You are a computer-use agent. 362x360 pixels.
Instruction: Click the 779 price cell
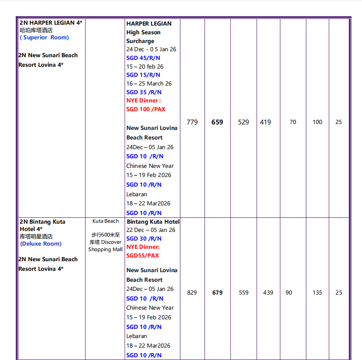tap(192, 122)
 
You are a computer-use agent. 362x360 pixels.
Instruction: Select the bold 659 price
tap(217, 122)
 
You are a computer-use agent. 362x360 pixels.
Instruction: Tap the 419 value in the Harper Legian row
tap(265, 122)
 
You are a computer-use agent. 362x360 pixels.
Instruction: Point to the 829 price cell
tap(192, 292)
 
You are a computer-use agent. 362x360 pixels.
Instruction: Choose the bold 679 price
tap(217, 292)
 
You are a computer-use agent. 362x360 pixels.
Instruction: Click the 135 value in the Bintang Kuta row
tap(318, 292)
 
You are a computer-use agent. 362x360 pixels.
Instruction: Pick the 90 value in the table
tap(289, 292)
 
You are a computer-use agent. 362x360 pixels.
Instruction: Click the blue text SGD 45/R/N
tap(143, 58)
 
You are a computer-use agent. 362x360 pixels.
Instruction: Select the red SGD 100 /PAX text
tap(146, 109)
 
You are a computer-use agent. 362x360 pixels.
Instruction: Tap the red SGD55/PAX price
tap(143, 255)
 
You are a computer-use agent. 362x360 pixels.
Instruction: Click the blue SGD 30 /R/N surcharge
tap(144, 238)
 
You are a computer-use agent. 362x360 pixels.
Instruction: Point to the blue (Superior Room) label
tap(44, 38)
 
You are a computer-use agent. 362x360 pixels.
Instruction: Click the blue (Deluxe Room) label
tap(41, 244)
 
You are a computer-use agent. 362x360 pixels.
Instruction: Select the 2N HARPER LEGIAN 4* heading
tap(51, 22)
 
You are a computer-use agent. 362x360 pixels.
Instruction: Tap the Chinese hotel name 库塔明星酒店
tap(36, 236)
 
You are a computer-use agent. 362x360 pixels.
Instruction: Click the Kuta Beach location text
tap(105, 221)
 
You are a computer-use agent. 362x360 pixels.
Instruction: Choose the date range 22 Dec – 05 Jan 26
tap(151, 230)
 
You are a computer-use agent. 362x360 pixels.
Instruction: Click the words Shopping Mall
tap(105, 249)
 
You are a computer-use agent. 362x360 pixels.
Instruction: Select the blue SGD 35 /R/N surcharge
tap(144, 92)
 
